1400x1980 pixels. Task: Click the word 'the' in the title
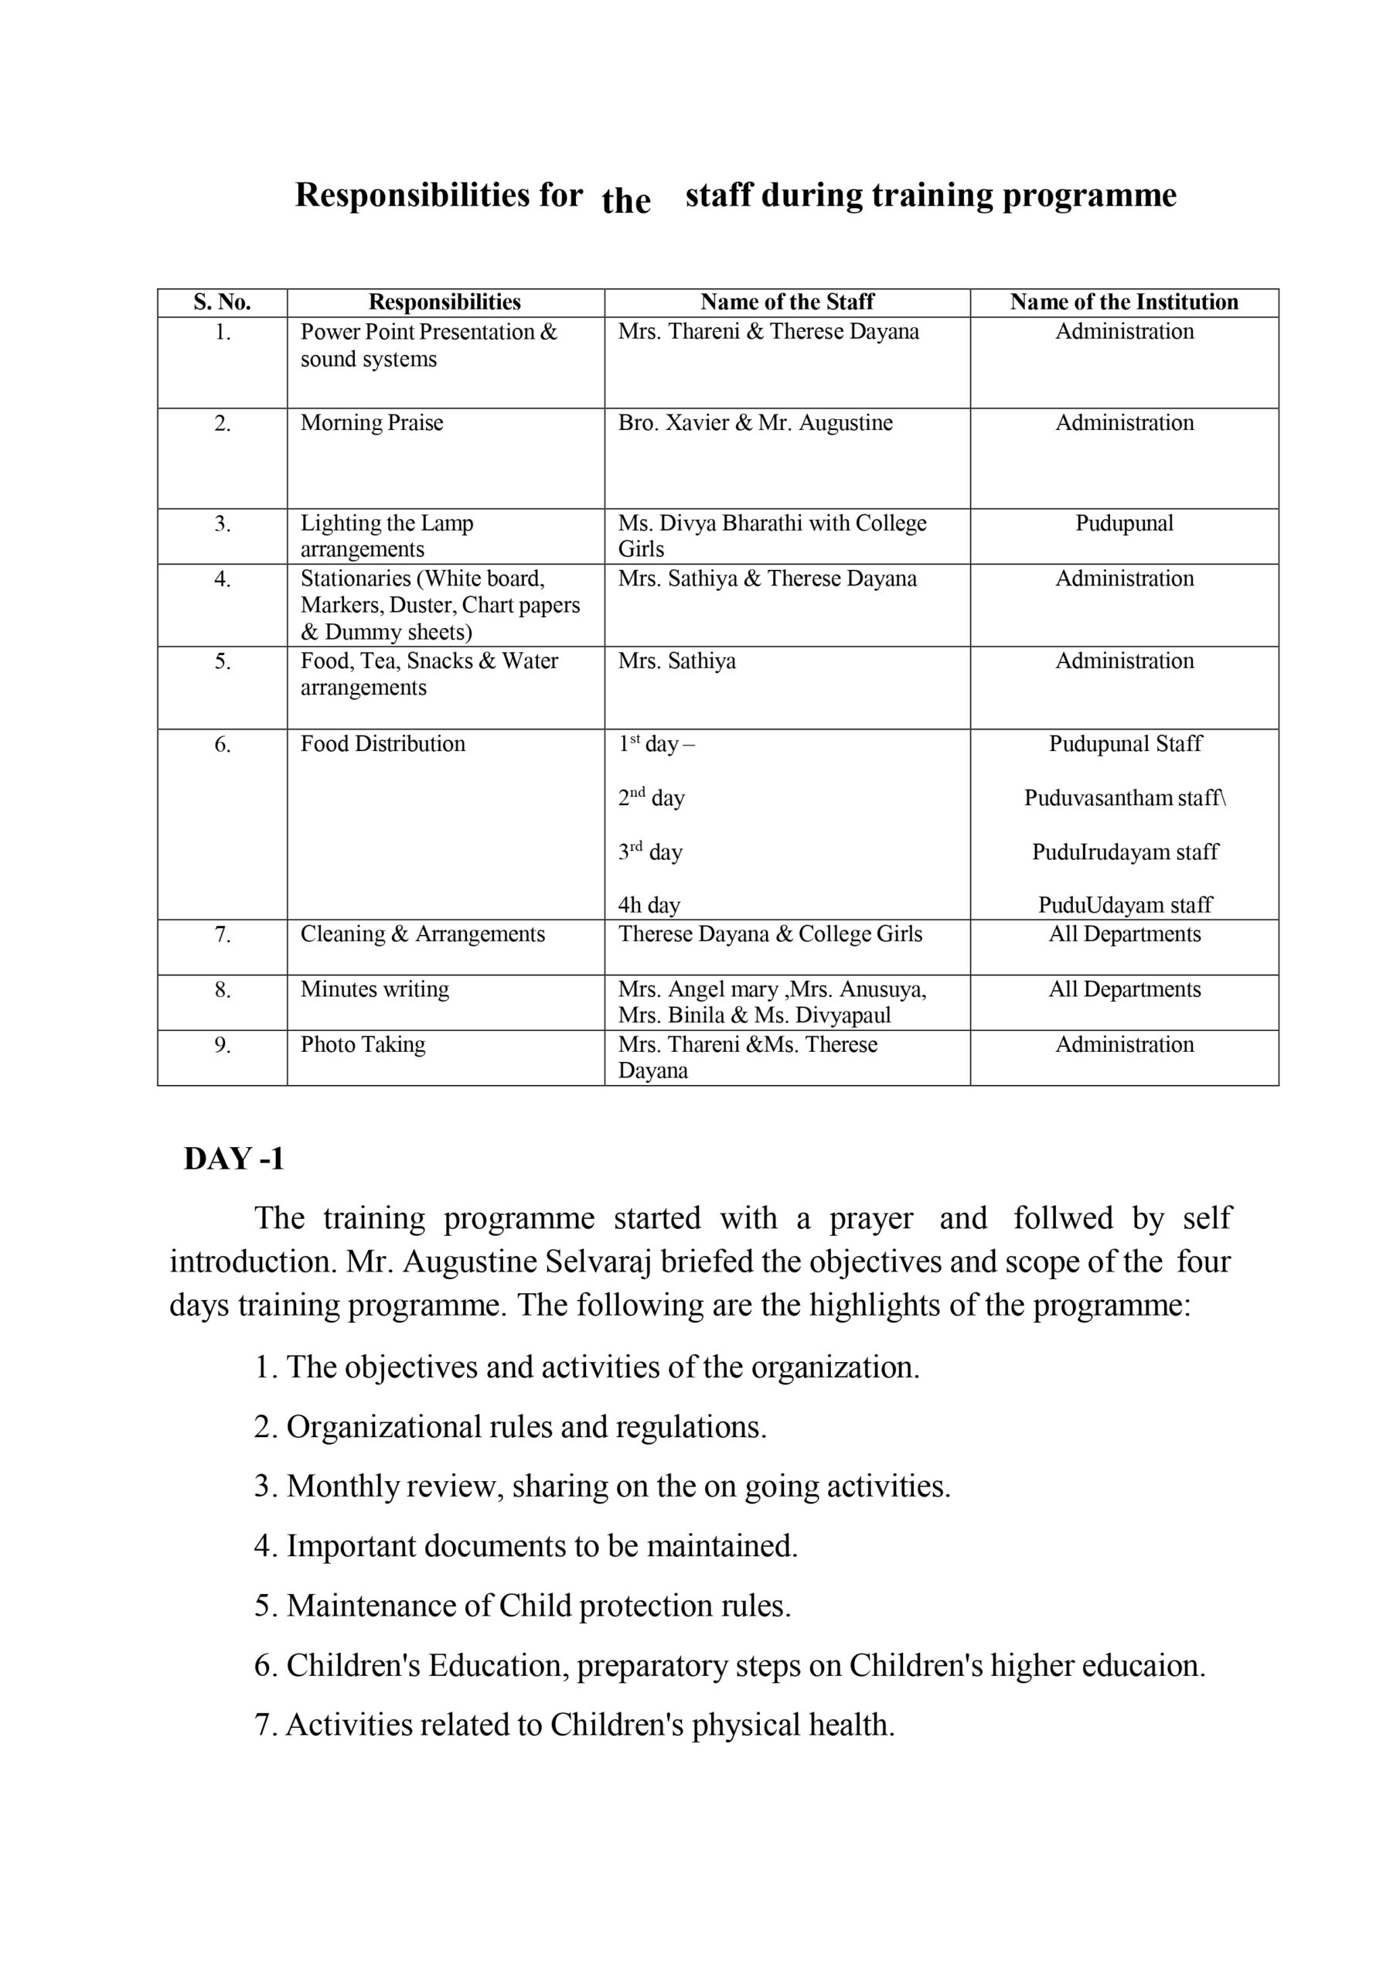pos(626,202)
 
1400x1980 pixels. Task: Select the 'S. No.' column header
pos(222,302)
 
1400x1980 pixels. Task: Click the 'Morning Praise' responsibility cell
pos(372,422)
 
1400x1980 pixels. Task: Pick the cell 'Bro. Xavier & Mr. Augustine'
pos(755,422)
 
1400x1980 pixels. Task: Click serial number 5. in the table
pos(223,661)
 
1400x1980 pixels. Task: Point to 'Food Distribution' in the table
pos(382,743)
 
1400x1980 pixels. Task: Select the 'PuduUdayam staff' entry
pos(1124,905)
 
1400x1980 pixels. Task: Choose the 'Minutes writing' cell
pos(374,989)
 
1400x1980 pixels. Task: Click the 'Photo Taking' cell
pos(362,1044)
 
